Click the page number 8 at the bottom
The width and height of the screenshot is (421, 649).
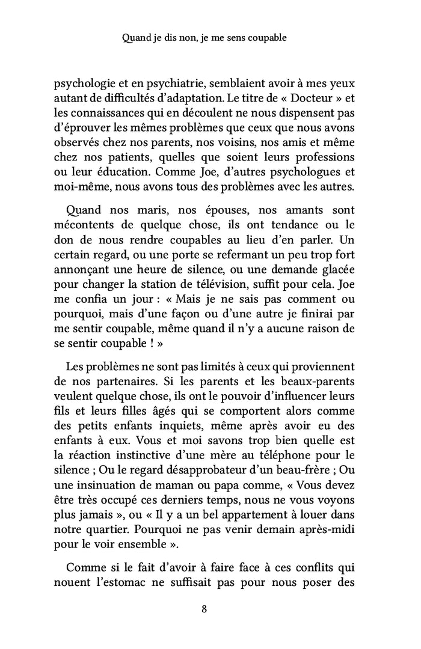point(204,609)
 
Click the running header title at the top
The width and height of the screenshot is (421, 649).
point(204,37)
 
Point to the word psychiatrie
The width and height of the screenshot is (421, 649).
point(155,85)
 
